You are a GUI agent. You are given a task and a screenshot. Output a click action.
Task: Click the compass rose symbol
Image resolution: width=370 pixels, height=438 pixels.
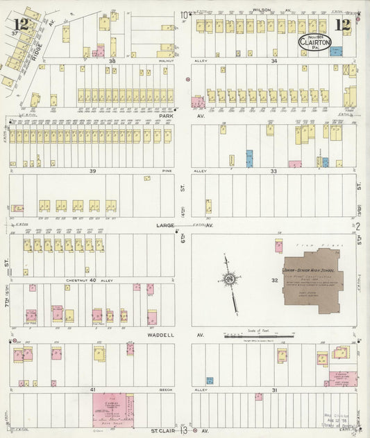click(x=228, y=279)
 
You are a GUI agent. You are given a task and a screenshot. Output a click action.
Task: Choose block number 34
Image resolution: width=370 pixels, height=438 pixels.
click(x=274, y=61)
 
